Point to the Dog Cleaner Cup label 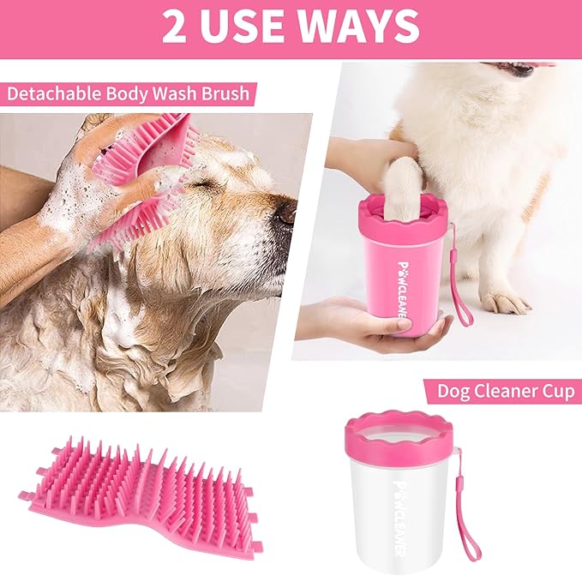(505, 391)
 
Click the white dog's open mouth (523, 69)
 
